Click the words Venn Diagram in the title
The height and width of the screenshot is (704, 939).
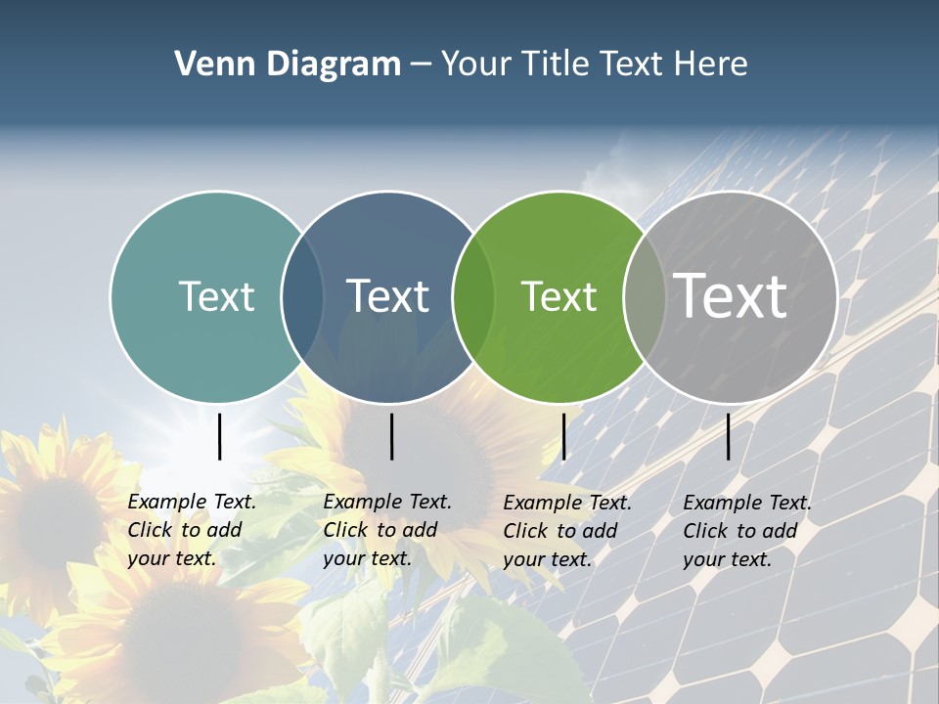tap(288, 65)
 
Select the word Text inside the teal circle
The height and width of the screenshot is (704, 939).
tap(216, 296)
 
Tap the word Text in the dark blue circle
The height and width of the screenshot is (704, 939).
tap(388, 296)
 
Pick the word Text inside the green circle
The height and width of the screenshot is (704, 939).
tap(559, 296)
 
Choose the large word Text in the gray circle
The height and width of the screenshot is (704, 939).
tap(731, 295)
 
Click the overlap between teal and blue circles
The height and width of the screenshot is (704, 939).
tap(302, 297)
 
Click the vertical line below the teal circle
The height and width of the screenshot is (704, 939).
tap(219, 436)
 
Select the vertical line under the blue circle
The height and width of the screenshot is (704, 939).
tap(391, 436)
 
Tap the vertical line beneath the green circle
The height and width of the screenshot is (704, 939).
tap(563, 436)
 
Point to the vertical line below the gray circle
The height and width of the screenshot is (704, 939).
tap(729, 436)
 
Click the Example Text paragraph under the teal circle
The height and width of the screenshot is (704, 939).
tap(191, 530)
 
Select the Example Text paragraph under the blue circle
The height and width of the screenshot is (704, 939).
tap(386, 530)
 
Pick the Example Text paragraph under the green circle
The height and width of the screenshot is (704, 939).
tap(566, 531)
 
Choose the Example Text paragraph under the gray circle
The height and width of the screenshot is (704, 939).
tap(746, 531)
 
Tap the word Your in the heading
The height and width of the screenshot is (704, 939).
tap(475, 65)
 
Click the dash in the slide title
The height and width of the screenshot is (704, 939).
tap(420, 66)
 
